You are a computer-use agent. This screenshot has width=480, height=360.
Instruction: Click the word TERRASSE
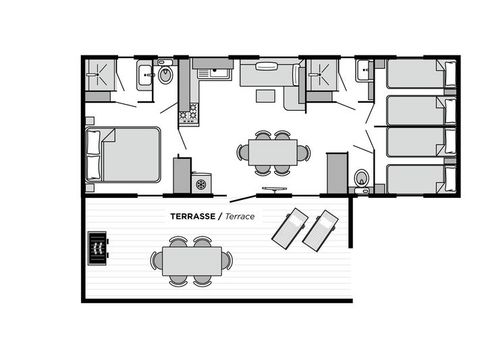pos(194,215)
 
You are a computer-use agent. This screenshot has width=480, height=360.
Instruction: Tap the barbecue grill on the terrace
pos(98,246)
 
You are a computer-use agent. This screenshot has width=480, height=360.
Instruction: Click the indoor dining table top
pos(273,152)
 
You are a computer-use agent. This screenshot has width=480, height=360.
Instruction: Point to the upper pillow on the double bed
pos(93,143)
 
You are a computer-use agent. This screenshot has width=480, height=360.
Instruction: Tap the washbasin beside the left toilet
pos(144,73)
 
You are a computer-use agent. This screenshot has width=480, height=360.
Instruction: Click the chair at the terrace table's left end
pos(157,261)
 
